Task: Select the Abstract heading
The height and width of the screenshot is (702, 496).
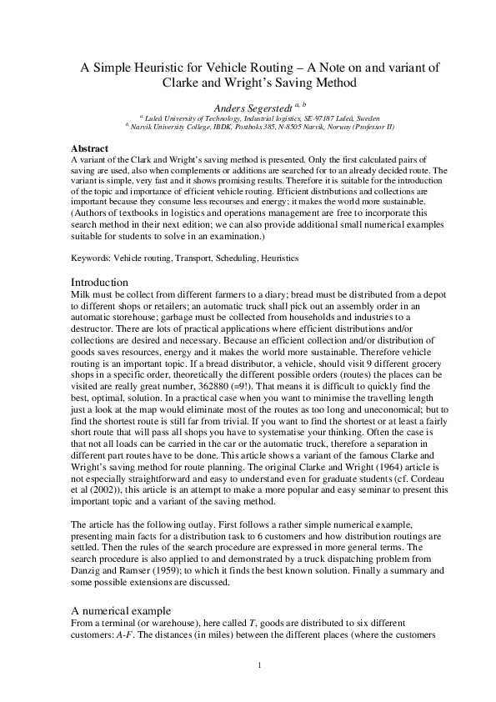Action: pos(90,148)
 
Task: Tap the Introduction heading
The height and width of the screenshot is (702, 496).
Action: pos(99,283)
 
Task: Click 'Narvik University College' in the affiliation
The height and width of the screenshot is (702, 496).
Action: pos(168,127)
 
